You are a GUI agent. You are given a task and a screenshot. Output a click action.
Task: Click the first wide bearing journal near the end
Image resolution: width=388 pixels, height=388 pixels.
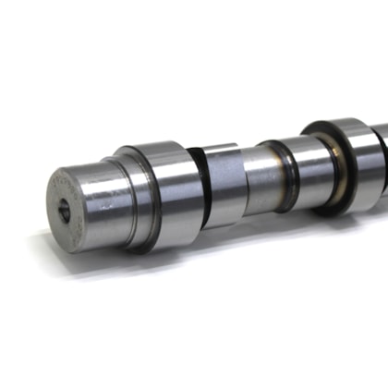point(166,194)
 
